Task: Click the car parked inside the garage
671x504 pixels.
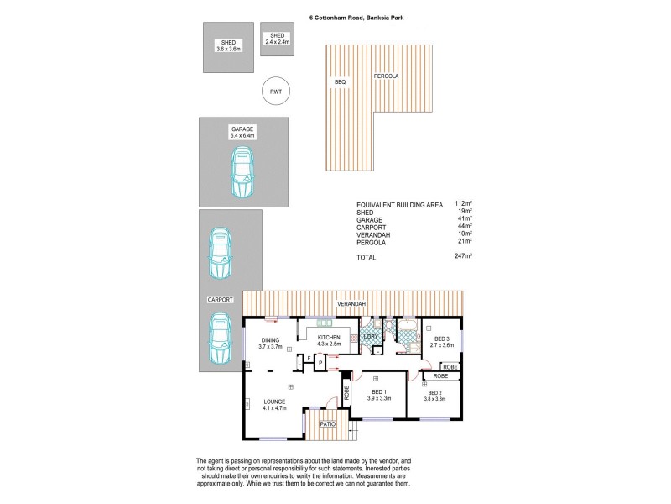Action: tap(242, 173)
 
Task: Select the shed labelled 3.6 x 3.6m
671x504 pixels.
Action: tap(227, 46)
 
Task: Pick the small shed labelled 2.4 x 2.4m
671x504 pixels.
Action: tap(277, 38)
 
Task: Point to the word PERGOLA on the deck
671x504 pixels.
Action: tap(386, 76)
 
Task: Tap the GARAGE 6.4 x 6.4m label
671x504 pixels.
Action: tap(242, 132)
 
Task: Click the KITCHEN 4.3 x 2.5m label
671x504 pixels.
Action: tap(330, 340)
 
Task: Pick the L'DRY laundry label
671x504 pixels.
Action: tap(370, 337)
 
